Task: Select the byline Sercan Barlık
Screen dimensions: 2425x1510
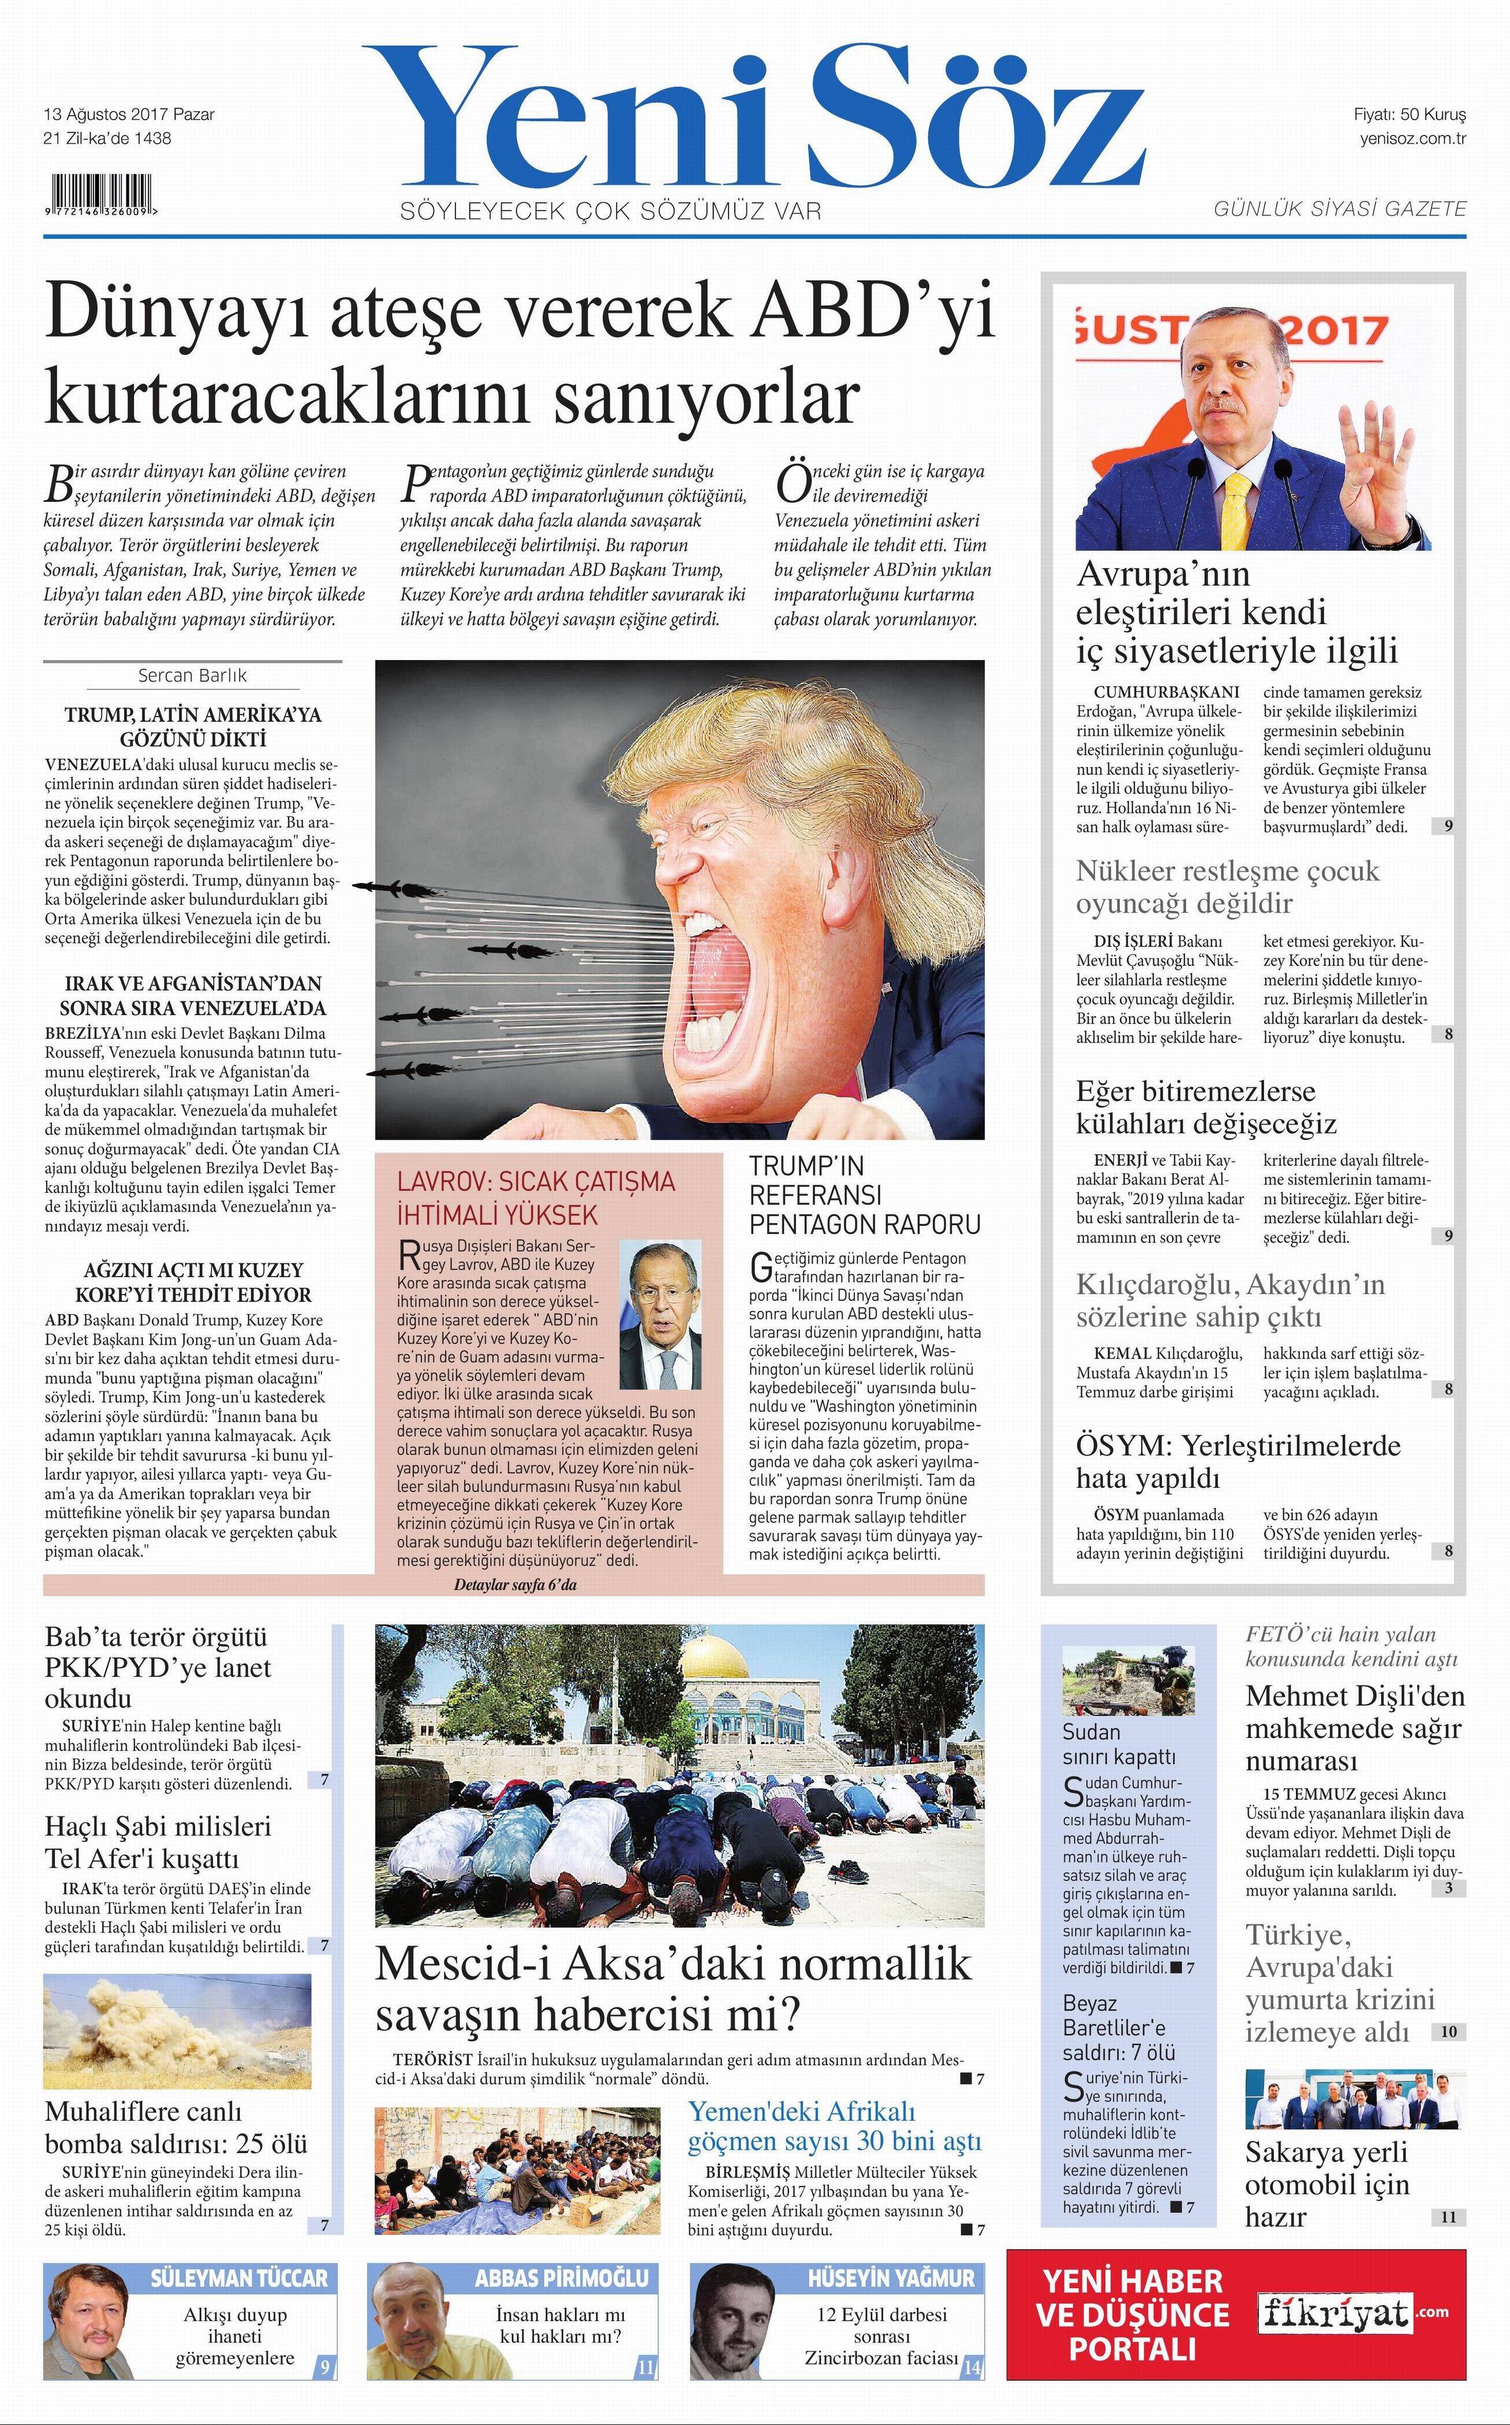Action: tap(192, 675)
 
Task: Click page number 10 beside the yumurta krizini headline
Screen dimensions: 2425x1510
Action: tap(1448, 2032)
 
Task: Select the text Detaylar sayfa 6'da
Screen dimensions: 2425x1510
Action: tap(515, 1585)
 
